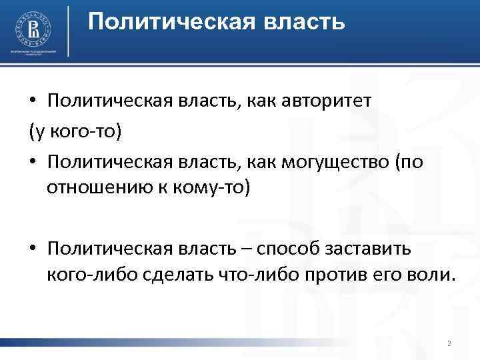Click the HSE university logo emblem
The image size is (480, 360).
(x=33, y=29)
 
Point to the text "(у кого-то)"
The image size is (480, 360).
(x=75, y=131)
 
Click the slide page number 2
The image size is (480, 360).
(x=449, y=344)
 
